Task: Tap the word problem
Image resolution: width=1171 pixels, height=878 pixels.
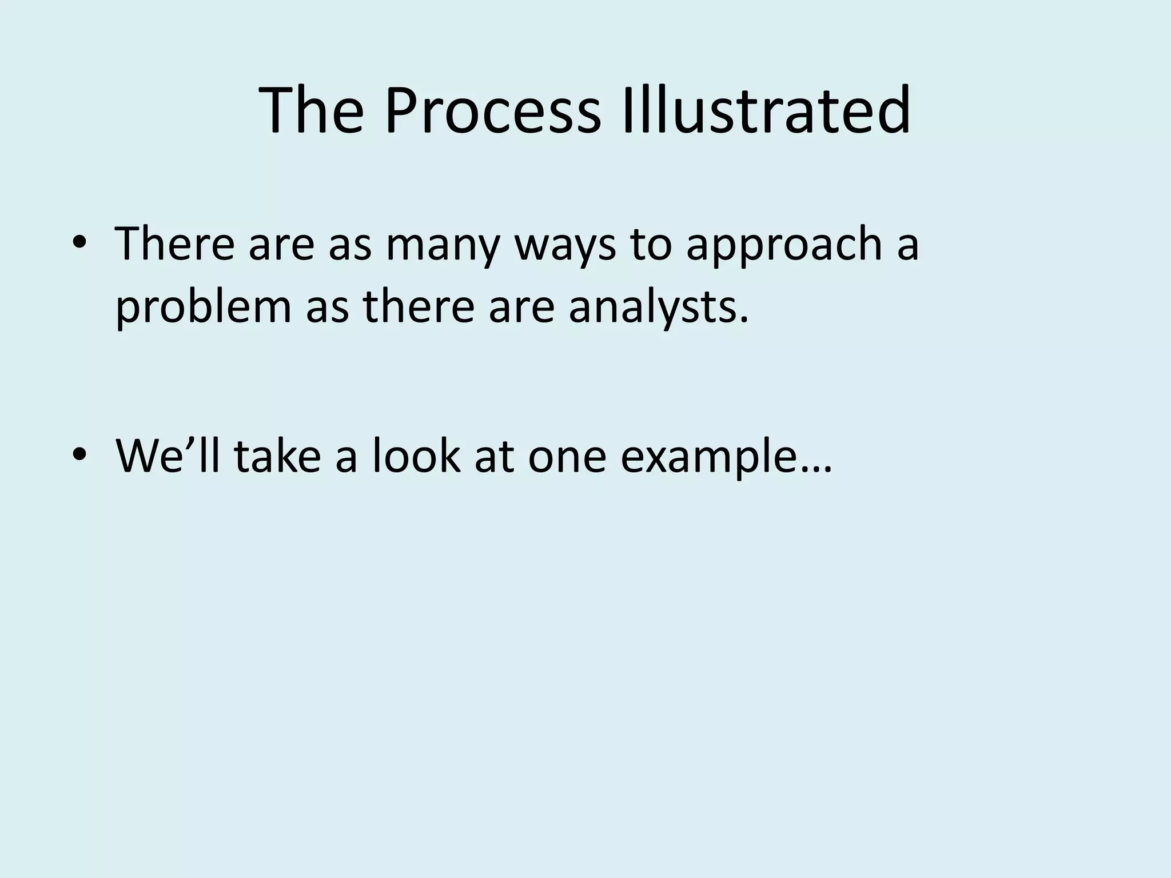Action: (x=204, y=308)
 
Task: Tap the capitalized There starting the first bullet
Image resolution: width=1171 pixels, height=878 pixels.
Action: (x=175, y=245)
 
